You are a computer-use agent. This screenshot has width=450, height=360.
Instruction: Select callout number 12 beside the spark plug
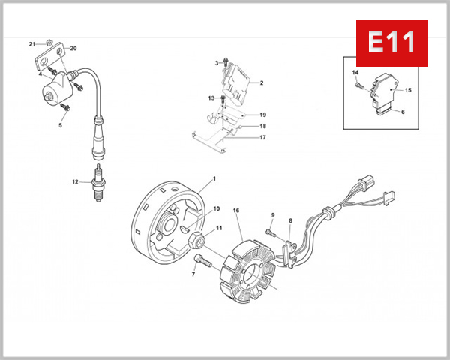click(x=75, y=181)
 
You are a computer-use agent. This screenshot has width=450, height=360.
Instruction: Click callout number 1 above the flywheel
click(x=214, y=178)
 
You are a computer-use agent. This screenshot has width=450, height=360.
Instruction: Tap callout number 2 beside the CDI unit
click(x=261, y=82)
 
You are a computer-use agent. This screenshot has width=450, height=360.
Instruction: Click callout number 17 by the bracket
click(x=262, y=137)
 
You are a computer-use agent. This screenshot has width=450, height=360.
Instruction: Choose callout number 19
click(x=262, y=114)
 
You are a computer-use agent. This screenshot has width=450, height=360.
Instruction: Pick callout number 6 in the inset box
click(x=402, y=112)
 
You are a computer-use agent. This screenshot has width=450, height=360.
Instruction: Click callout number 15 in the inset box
click(x=408, y=90)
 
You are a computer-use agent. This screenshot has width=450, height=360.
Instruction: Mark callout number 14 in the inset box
click(x=355, y=71)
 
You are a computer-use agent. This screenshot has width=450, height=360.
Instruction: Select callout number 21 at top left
click(x=32, y=44)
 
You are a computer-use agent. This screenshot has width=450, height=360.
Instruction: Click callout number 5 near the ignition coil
click(x=59, y=125)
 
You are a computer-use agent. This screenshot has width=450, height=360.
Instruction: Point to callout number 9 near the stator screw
click(x=273, y=215)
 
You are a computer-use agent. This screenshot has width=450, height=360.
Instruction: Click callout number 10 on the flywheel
click(x=217, y=208)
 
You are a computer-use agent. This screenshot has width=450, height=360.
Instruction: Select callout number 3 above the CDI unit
click(x=216, y=62)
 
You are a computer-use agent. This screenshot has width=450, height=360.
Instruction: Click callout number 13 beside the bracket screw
click(x=211, y=98)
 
